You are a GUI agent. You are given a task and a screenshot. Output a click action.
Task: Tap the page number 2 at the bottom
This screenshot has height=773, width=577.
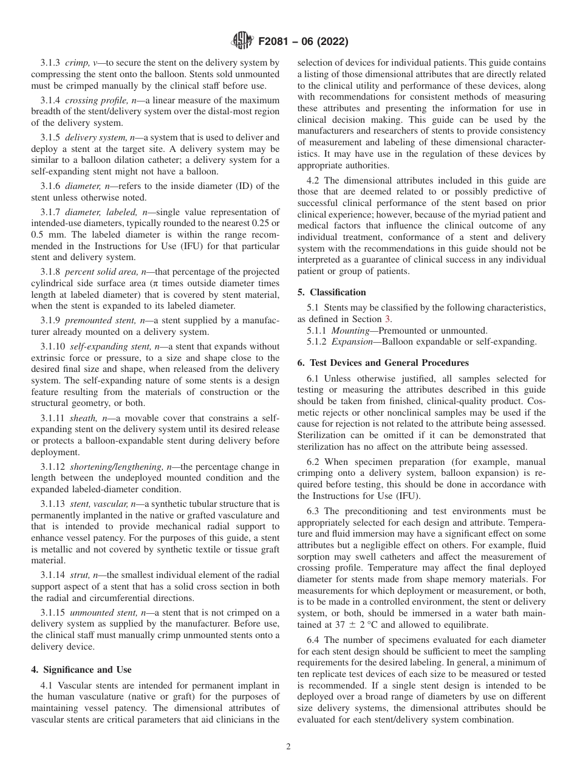point(288,747)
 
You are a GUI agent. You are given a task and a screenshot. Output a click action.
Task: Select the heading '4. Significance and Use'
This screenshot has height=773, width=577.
point(81,670)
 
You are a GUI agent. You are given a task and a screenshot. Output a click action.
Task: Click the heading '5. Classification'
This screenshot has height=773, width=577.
point(332,292)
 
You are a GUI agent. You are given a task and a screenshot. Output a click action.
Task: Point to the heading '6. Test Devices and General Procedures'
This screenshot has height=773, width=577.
point(383,363)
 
